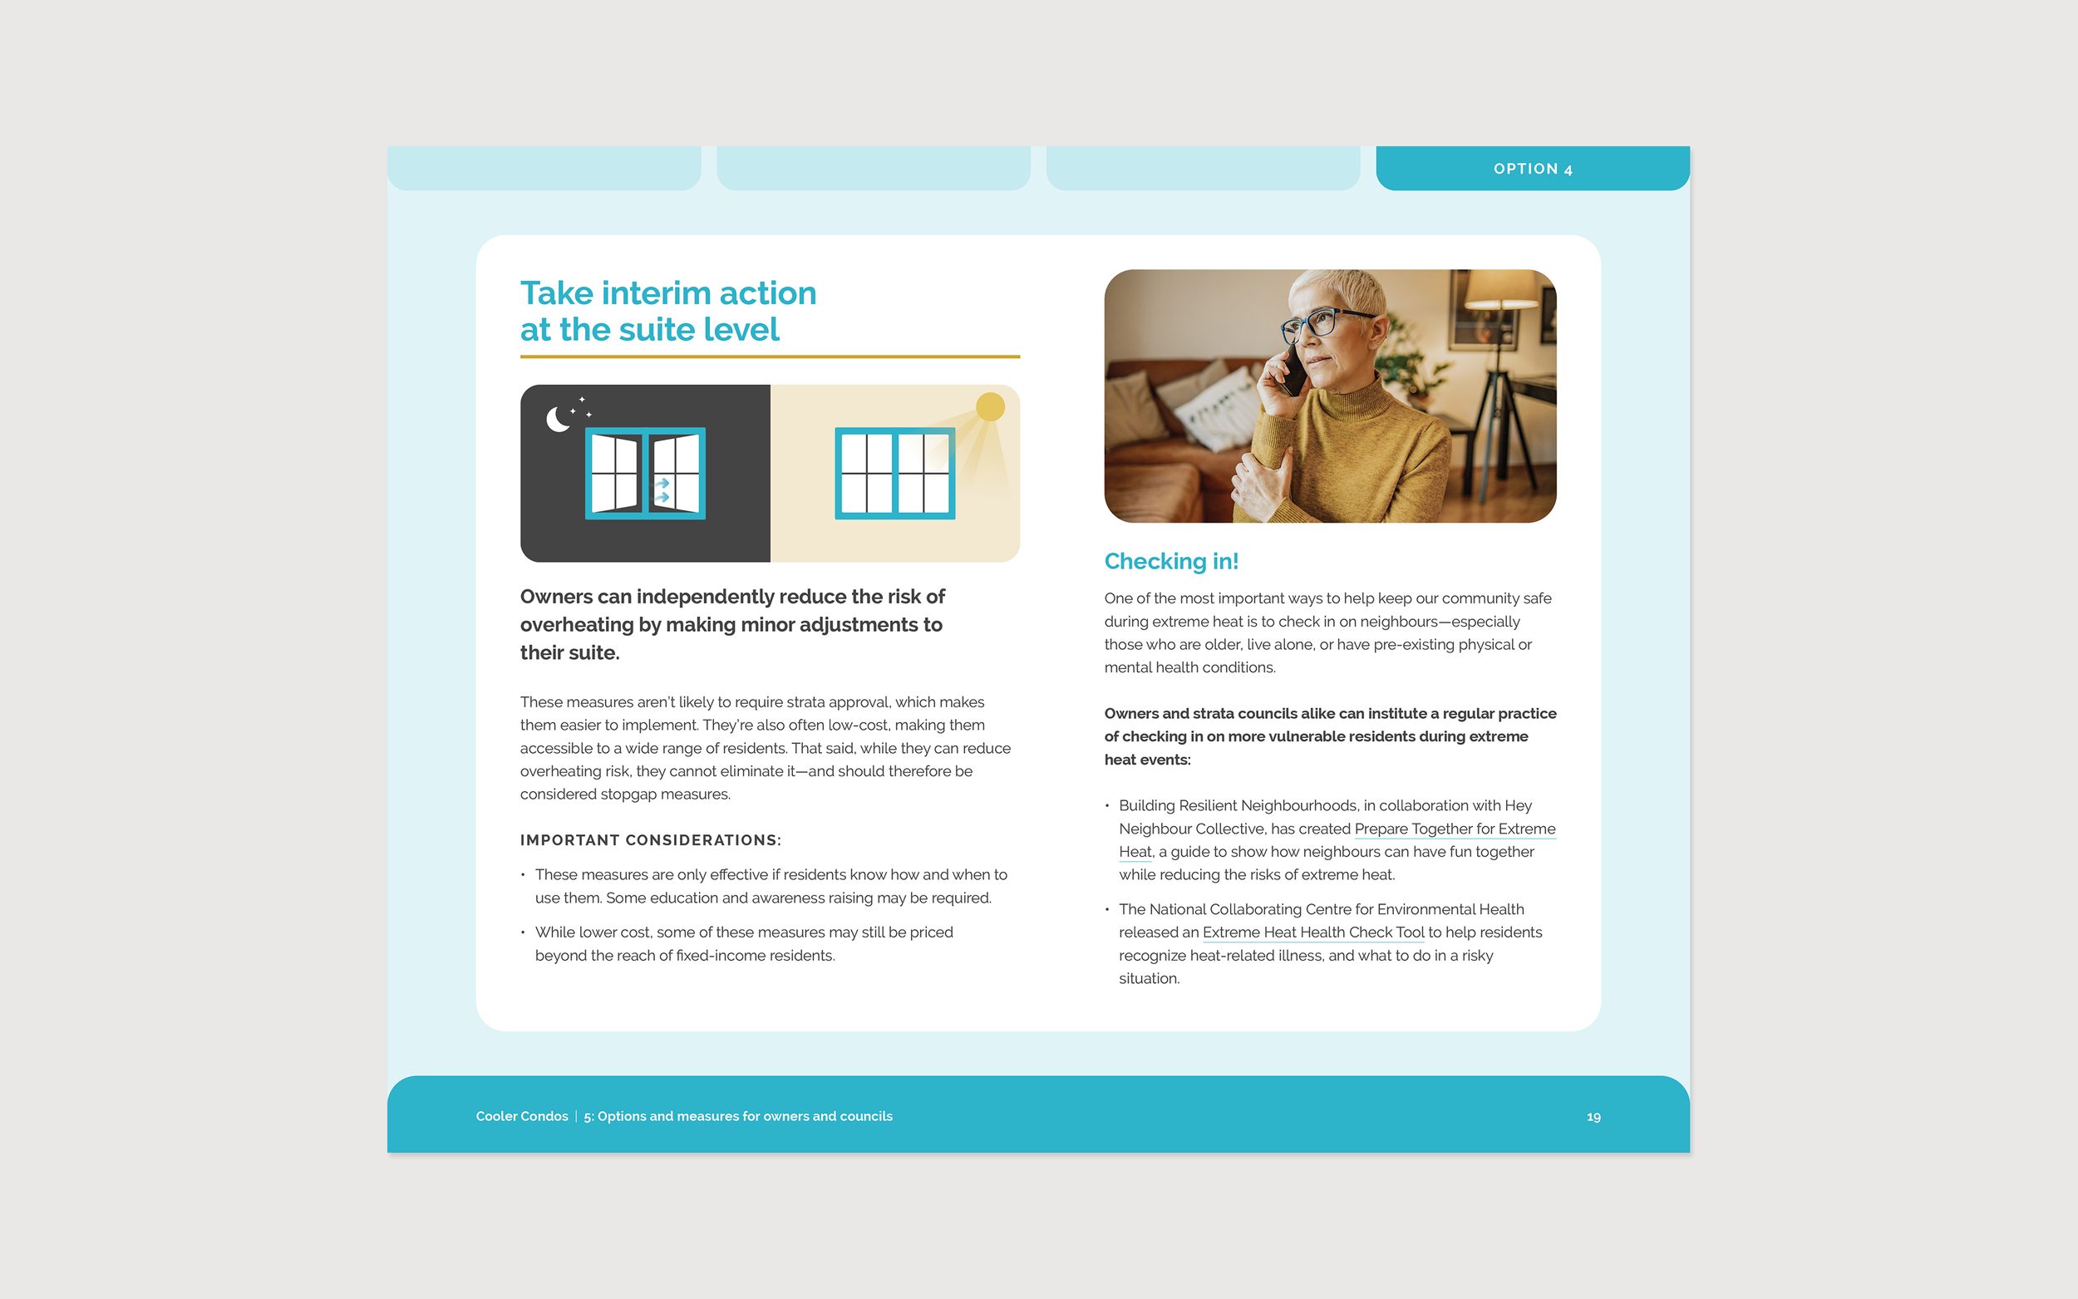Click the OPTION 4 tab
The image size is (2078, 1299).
click(x=1533, y=169)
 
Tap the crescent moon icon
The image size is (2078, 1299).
click(x=558, y=419)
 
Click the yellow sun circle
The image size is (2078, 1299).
click(x=991, y=406)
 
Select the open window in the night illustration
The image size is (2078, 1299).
click(x=645, y=474)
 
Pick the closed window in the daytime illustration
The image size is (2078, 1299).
click(x=895, y=474)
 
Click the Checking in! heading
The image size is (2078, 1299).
click(x=1171, y=561)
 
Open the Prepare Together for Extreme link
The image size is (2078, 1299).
click(x=1455, y=829)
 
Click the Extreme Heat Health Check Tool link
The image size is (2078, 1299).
click(x=1313, y=932)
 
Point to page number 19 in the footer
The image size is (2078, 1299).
click(x=1593, y=1117)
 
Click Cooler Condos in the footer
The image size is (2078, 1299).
click(x=522, y=1116)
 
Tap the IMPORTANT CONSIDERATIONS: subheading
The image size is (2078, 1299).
click(x=650, y=840)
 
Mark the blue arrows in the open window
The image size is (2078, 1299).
click(x=662, y=490)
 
